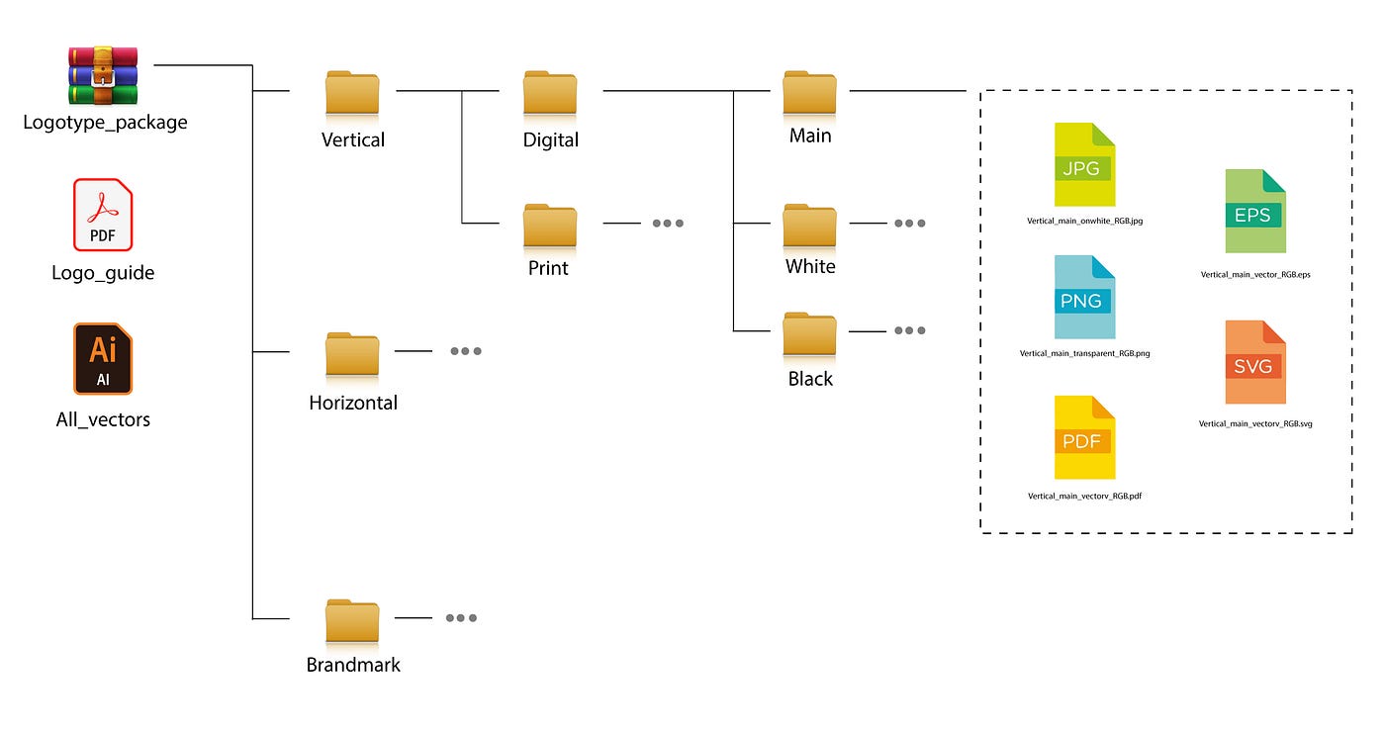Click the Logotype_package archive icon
pyautogui.click(x=103, y=75)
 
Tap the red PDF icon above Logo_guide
pyautogui.click(x=103, y=215)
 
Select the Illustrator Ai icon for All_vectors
pyautogui.click(x=103, y=358)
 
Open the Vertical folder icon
pyautogui.click(x=352, y=93)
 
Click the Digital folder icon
pyautogui.click(x=550, y=93)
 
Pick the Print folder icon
pyautogui.click(x=550, y=226)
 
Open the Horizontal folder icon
pyautogui.click(x=352, y=355)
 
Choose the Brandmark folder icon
pyautogui.click(x=352, y=621)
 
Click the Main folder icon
pyautogui.click(x=809, y=93)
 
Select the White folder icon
pyautogui.click(x=809, y=226)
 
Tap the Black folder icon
pyautogui.click(x=809, y=335)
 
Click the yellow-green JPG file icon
pyautogui.click(x=1084, y=165)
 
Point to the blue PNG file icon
pyautogui.click(x=1084, y=297)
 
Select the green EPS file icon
pyautogui.click(x=1255, y=212)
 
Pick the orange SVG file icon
pyautogui.click(x=1255, y=362)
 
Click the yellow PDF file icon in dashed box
pyautogui.click(x=1084, y=437)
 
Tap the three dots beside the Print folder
pyautogui.click(x=668, y=224)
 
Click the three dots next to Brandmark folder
pyautogui.click(x=461, y=618)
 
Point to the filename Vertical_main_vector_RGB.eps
pyautogui.click(x=1255, y=275)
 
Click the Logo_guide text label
pyautogui.click(x=103, y=273)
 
